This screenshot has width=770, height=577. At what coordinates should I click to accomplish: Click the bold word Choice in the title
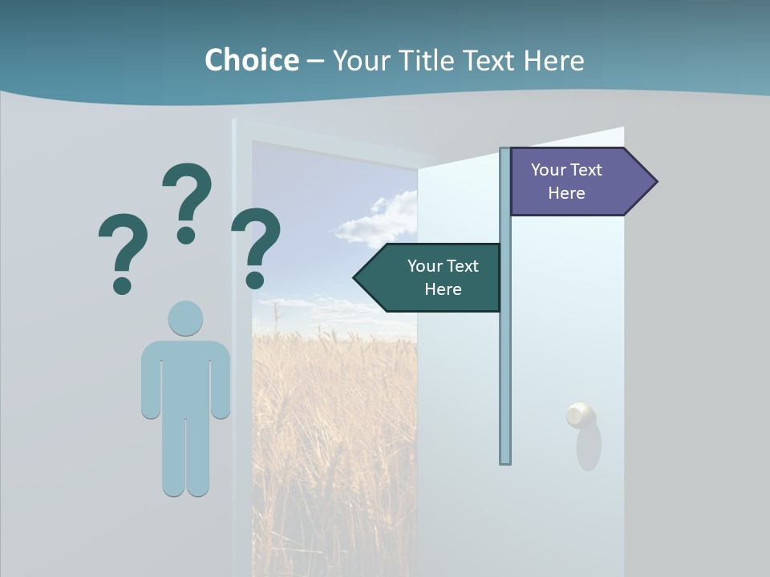[251, 60]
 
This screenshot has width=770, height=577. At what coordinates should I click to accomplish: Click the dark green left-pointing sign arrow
[429, 277]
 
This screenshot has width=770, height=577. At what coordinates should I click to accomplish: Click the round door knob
[580, 416]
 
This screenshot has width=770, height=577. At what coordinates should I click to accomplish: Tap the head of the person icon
[185, 318]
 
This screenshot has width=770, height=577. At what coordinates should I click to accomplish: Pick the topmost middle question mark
[187, 200]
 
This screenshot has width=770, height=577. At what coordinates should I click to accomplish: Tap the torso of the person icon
[185, 377]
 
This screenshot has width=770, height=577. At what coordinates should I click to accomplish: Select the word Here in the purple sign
[566, 193]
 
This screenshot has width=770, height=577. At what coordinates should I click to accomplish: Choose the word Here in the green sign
[443, 289]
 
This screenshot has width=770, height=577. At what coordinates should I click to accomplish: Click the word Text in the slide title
[490, 60]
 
